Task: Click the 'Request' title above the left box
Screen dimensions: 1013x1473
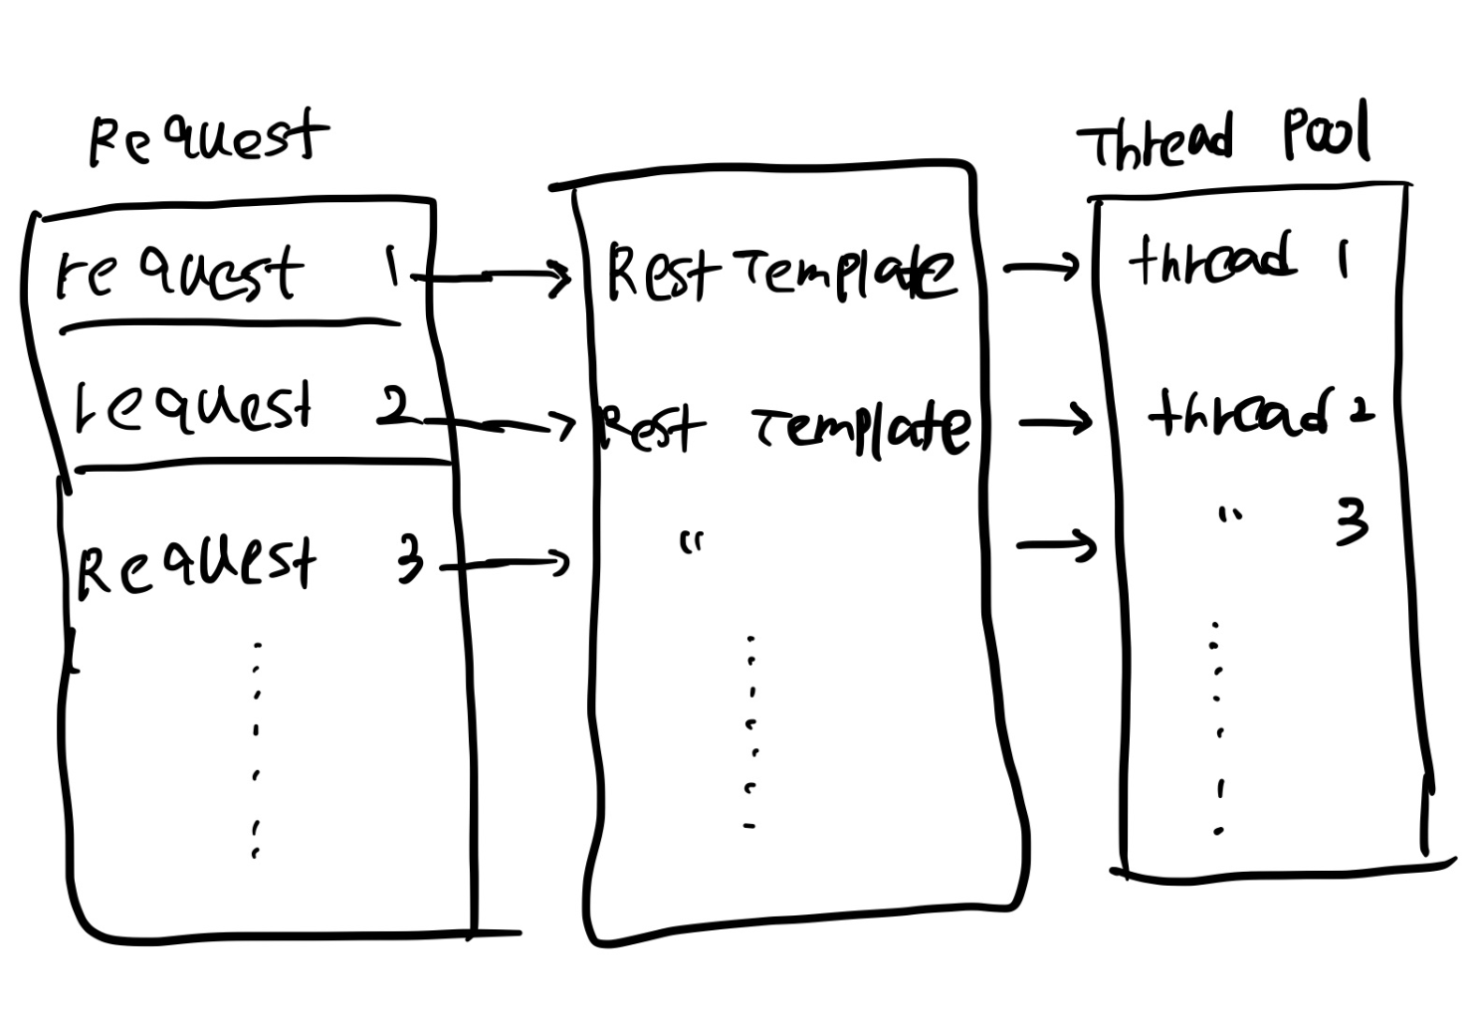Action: click(207, 139)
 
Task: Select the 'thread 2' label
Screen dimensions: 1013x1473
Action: click(1260, 412)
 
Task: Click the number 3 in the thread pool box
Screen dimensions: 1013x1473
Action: click(1352, 523)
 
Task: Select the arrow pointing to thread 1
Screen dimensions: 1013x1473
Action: click(1042, 267)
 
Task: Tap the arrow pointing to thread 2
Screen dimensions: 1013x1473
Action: click(1055, 423)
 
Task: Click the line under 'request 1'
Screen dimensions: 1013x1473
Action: click(229, 324)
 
